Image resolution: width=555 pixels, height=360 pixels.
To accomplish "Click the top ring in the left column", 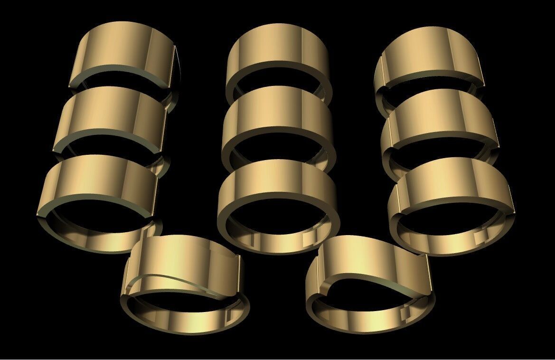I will click(x=121, y=52).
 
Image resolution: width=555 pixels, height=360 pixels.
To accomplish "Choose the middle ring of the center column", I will click(x=278, y=116).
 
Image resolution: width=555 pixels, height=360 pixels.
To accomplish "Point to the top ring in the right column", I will click(x=430, y=55).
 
